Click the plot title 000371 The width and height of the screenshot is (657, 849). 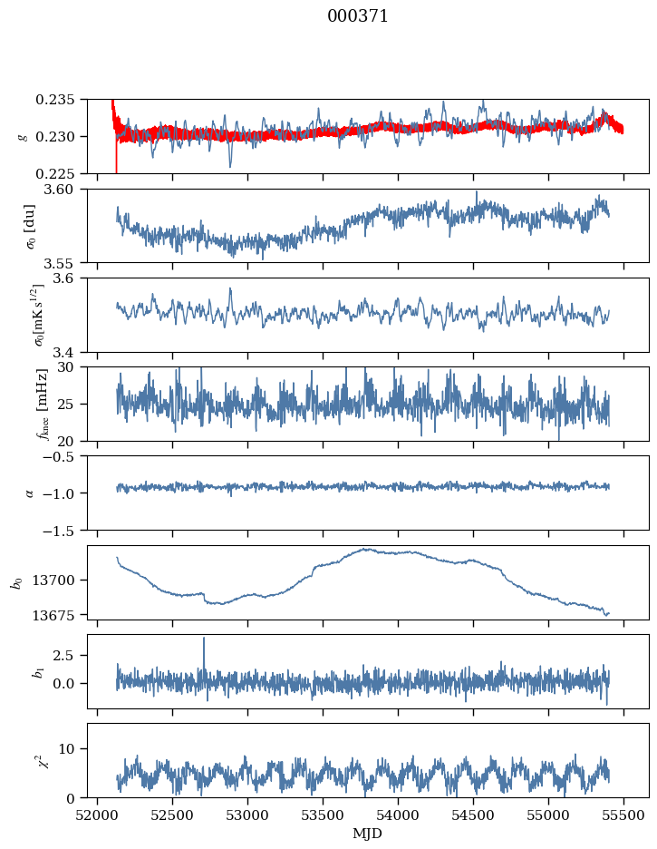point(358,16)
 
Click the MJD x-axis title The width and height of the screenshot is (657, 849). point(368,834)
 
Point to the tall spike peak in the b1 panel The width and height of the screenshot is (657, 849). point(204,638)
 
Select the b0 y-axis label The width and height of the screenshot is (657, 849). point(16,581)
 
